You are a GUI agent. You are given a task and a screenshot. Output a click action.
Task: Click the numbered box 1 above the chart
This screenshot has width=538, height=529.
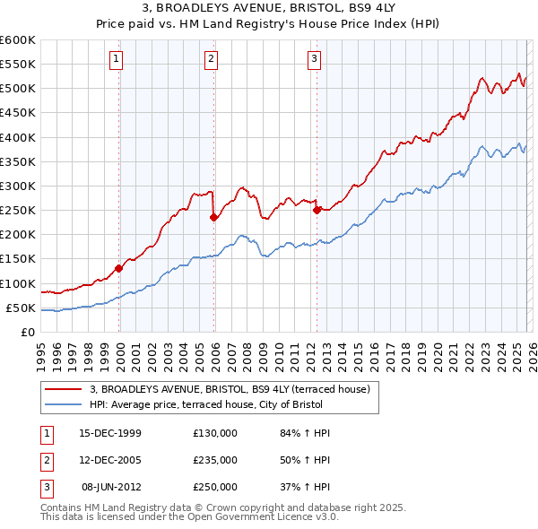click(x=117, y=60)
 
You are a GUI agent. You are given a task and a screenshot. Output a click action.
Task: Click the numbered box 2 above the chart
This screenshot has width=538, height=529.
click(x=211, y=60)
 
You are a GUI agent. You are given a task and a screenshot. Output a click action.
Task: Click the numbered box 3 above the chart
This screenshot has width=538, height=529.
click(x=315, y=60)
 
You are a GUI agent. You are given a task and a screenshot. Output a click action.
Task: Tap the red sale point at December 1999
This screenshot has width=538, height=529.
click(x=118, y=268)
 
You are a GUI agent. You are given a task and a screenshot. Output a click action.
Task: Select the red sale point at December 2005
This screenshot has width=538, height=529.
click(x=213, y=217)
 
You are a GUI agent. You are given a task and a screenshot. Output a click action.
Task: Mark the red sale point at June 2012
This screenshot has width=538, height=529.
click(x=317, y=211)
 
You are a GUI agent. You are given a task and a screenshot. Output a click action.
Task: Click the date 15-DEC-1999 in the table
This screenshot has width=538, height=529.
click(x=110, y=433)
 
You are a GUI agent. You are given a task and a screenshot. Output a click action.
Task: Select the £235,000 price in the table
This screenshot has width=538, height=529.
click(x=215, y=460)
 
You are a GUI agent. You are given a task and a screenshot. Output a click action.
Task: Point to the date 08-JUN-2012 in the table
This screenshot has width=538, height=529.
click(x=110, y=487)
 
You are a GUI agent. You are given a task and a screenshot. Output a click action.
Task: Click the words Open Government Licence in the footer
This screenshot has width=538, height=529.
click(x=252, y=516)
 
